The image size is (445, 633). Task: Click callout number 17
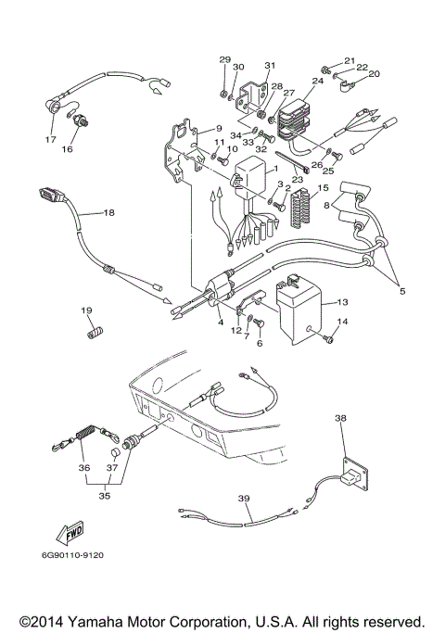[x=50, y=140]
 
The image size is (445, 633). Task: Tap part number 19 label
[x=85, y=310]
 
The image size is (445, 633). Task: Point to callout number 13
[x=342, y=302]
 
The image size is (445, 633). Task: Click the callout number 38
[x=340, y=418]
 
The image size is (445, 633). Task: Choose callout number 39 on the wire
[x=244, y=498]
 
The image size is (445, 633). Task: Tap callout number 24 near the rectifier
[x=318, y=81]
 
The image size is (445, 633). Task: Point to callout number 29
[x=224, y=60]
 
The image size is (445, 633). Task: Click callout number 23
[x=299, y=179]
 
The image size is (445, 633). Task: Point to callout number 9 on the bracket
[x=220, y=128]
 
